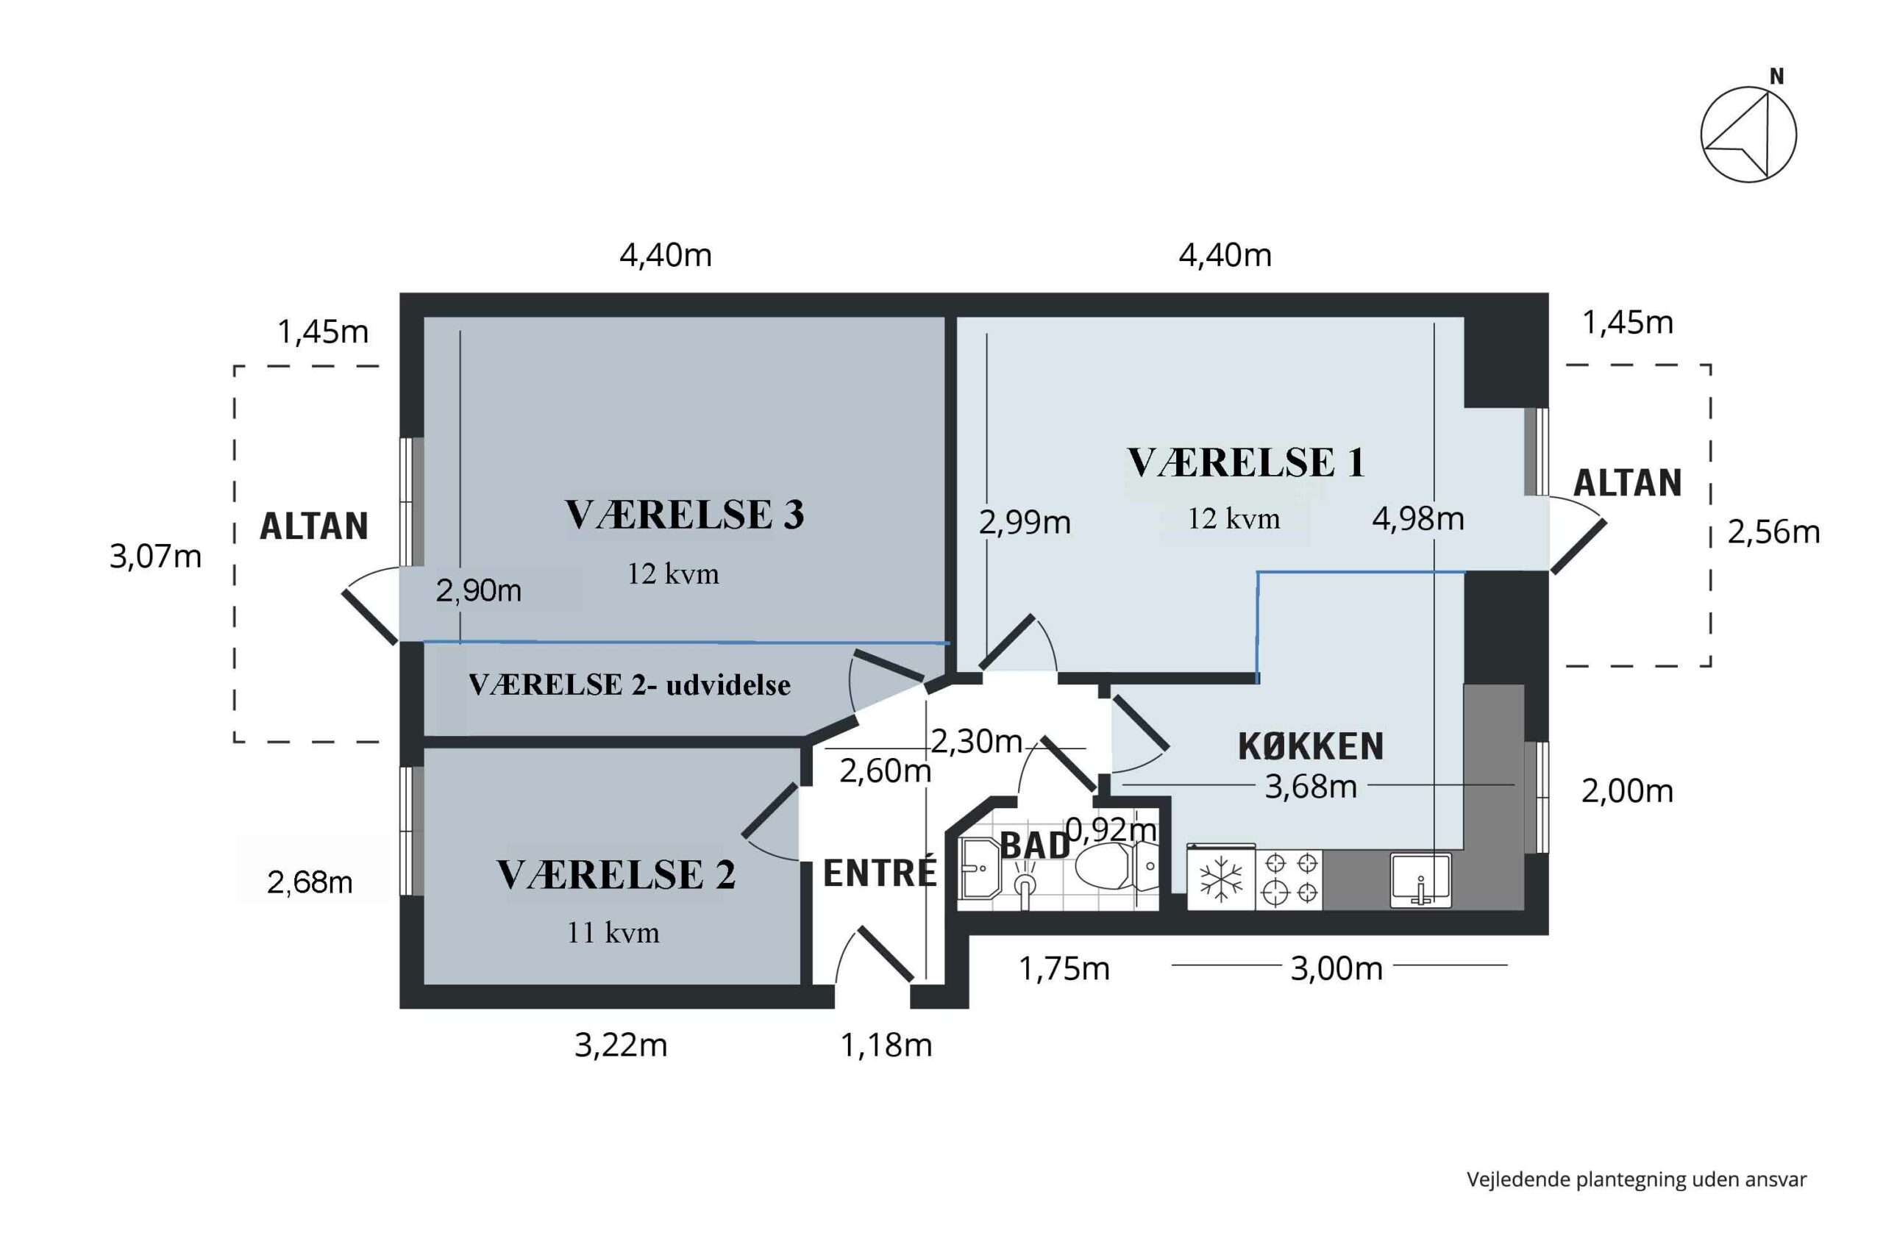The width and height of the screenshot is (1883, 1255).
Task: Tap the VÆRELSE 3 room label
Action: point(685,514)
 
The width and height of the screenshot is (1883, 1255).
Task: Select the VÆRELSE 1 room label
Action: point(1246,462)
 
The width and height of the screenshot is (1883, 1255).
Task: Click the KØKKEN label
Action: point(1311,746)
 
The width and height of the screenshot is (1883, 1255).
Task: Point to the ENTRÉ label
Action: point(880,873)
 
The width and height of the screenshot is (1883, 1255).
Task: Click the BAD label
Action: point(1035,846)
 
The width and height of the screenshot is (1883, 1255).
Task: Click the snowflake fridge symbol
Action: point(1221,878)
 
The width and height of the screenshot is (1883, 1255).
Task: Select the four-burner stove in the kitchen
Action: point(1289,879)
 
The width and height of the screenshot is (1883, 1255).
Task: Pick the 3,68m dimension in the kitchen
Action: point(1311,787)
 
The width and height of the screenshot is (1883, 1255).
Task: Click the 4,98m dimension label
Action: point(1418,518)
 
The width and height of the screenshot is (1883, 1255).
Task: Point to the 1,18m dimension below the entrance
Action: point(886,1045)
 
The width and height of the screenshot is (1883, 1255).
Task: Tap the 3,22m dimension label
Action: point(621,1045)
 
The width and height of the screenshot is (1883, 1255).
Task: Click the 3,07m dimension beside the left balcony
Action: point(155,557)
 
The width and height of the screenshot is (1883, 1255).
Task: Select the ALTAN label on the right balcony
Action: point(1627,482)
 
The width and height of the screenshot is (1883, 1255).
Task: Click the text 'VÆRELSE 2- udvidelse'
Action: point(630,685)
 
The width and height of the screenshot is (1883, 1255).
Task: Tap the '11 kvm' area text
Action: point(613,932)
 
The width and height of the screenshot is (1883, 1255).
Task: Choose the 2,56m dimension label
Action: point(1773,532)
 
